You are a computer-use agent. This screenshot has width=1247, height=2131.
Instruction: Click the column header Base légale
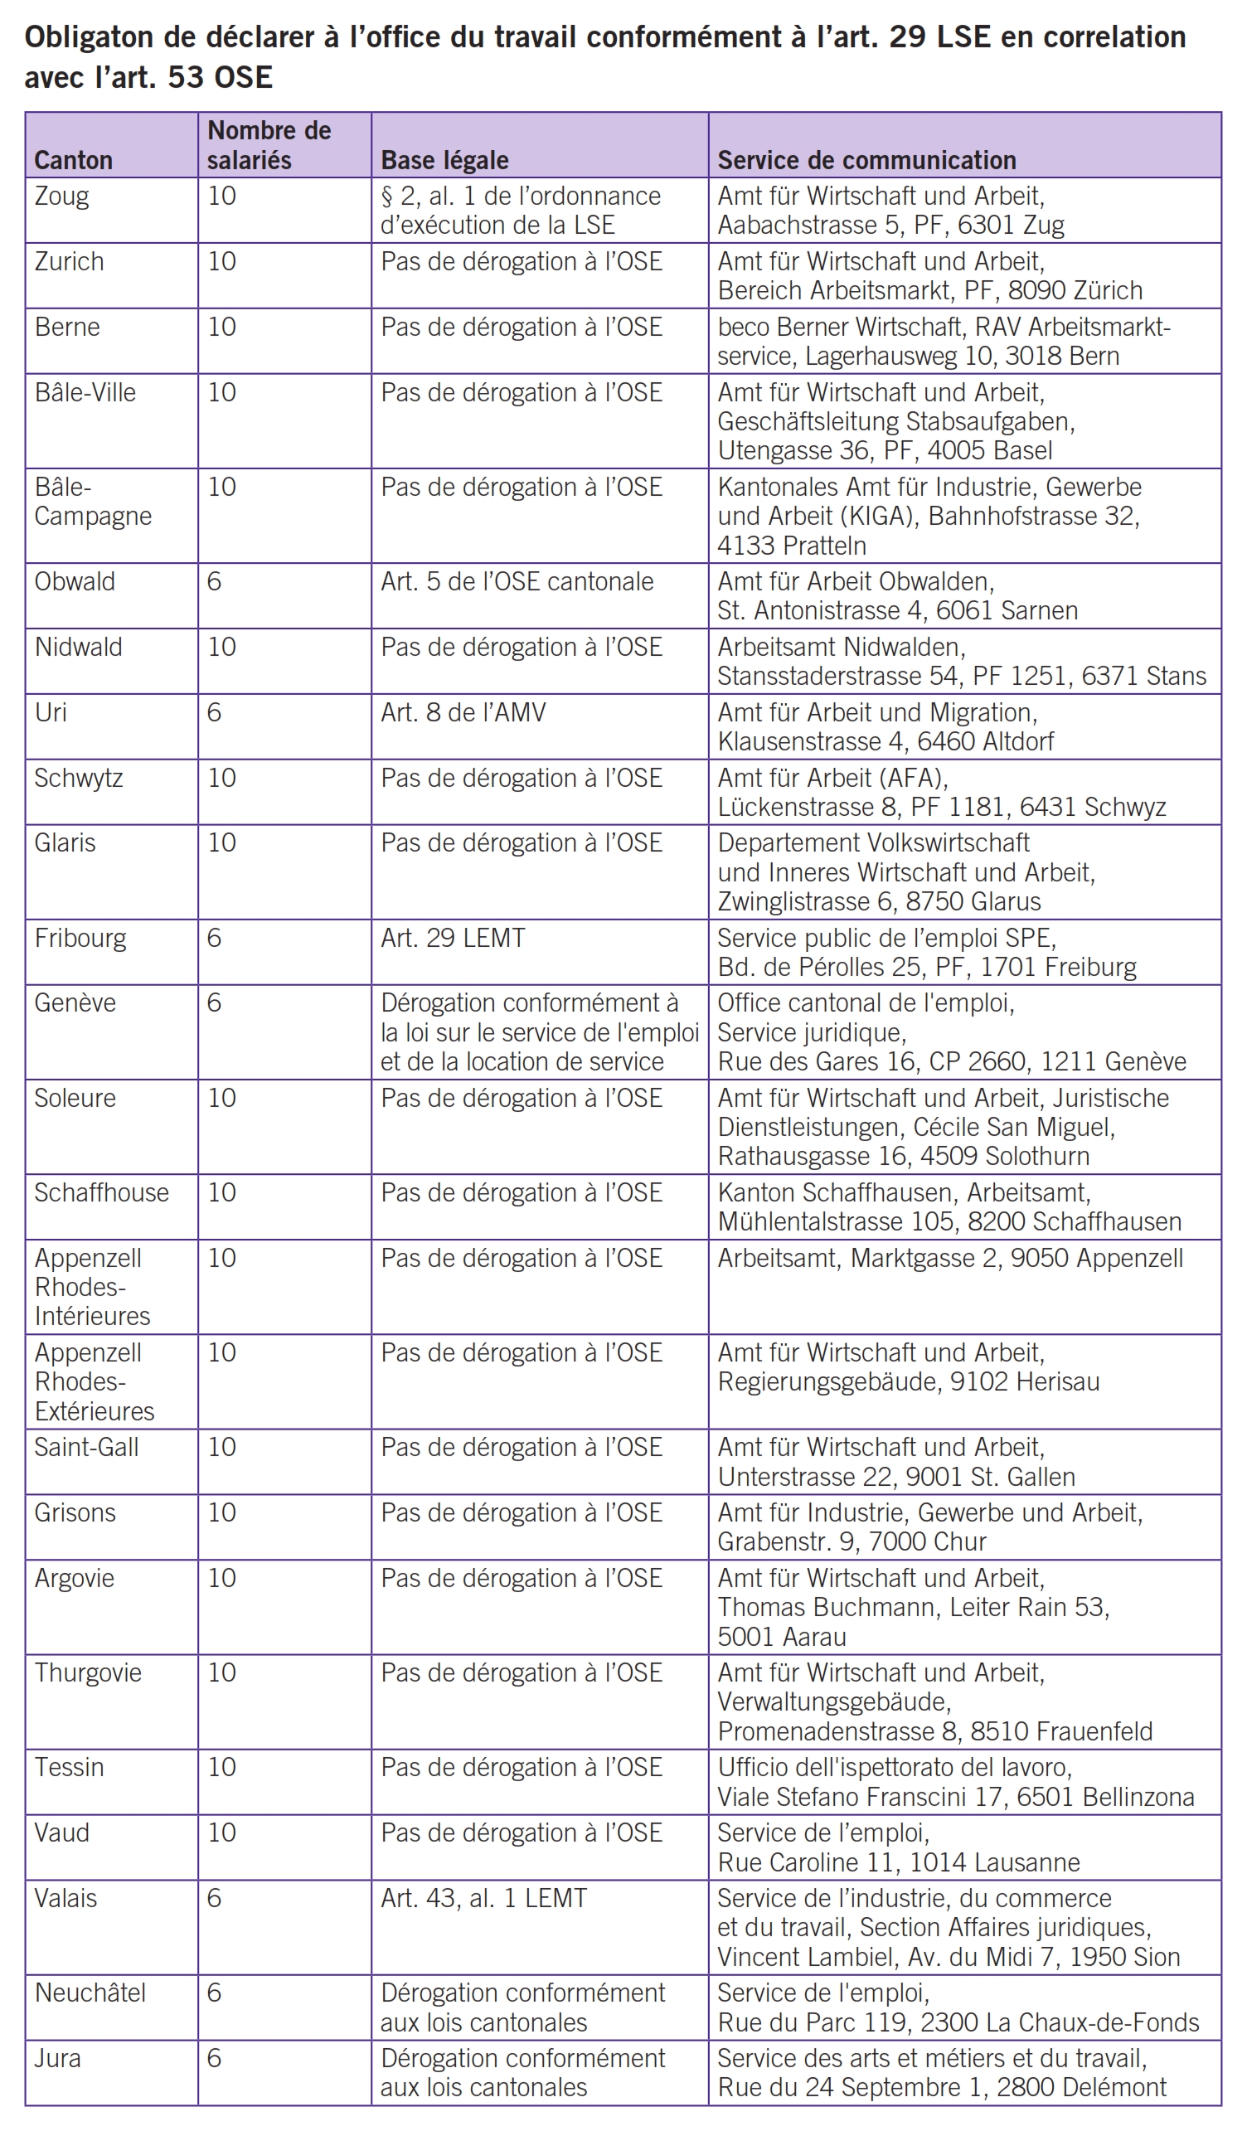[x=444, y=160]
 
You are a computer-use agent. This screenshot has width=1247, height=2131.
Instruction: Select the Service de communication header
[x=866, y=160]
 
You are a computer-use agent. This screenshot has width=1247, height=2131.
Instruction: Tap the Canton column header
[x=74, y=160]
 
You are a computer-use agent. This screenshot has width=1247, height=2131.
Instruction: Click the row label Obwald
[x=75, y=582]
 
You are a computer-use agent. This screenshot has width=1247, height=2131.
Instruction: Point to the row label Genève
[x=75, y=1003]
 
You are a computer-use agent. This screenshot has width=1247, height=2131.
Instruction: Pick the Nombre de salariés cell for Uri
[x=215, y=712]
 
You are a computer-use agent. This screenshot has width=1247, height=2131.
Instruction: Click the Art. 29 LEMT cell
[x=454, y=938]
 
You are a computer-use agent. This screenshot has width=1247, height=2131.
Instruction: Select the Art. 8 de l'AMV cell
[x=463, y=712]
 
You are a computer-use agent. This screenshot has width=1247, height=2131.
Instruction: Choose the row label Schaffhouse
[x=101, y=1192]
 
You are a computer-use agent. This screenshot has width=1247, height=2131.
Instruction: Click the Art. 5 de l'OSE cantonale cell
[x=517, y=582]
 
